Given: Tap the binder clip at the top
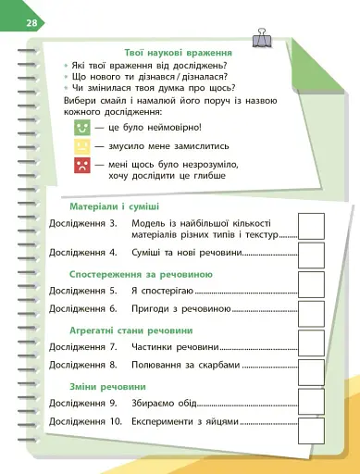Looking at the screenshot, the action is (262, 37).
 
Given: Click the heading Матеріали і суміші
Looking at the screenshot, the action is (115, 205).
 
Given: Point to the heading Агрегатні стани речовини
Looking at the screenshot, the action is (132, 331).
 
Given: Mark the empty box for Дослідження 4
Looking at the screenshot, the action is (311, 253).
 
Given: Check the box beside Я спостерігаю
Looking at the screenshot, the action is (311, 291).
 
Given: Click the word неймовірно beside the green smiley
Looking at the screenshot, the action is (177, 127).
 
